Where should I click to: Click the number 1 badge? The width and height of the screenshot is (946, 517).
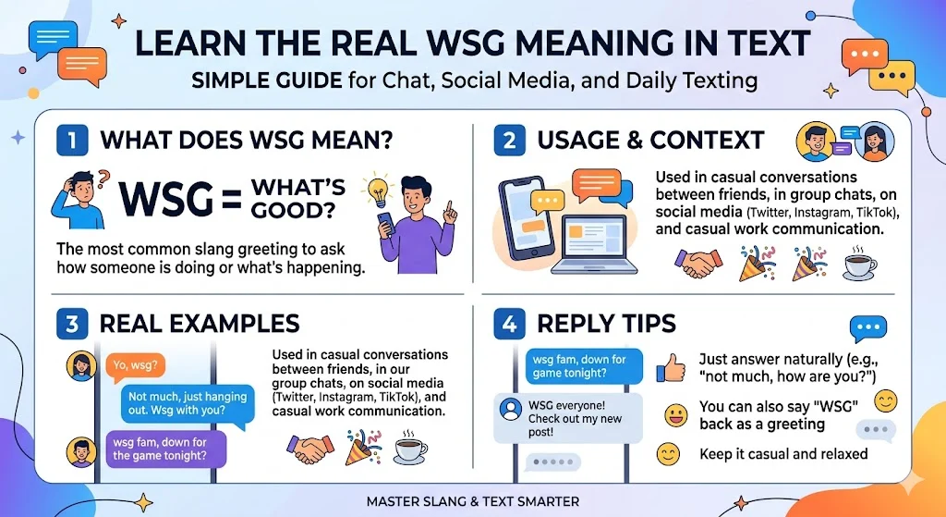71,142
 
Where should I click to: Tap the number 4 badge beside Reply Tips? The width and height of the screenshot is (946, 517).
508,325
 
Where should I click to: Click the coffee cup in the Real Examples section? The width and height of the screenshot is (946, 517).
410,449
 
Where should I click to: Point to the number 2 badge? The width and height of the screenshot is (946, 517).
508,142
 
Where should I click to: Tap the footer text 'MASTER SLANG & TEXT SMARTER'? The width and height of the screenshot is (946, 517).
472,501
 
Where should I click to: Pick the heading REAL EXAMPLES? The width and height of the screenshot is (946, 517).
199,324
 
